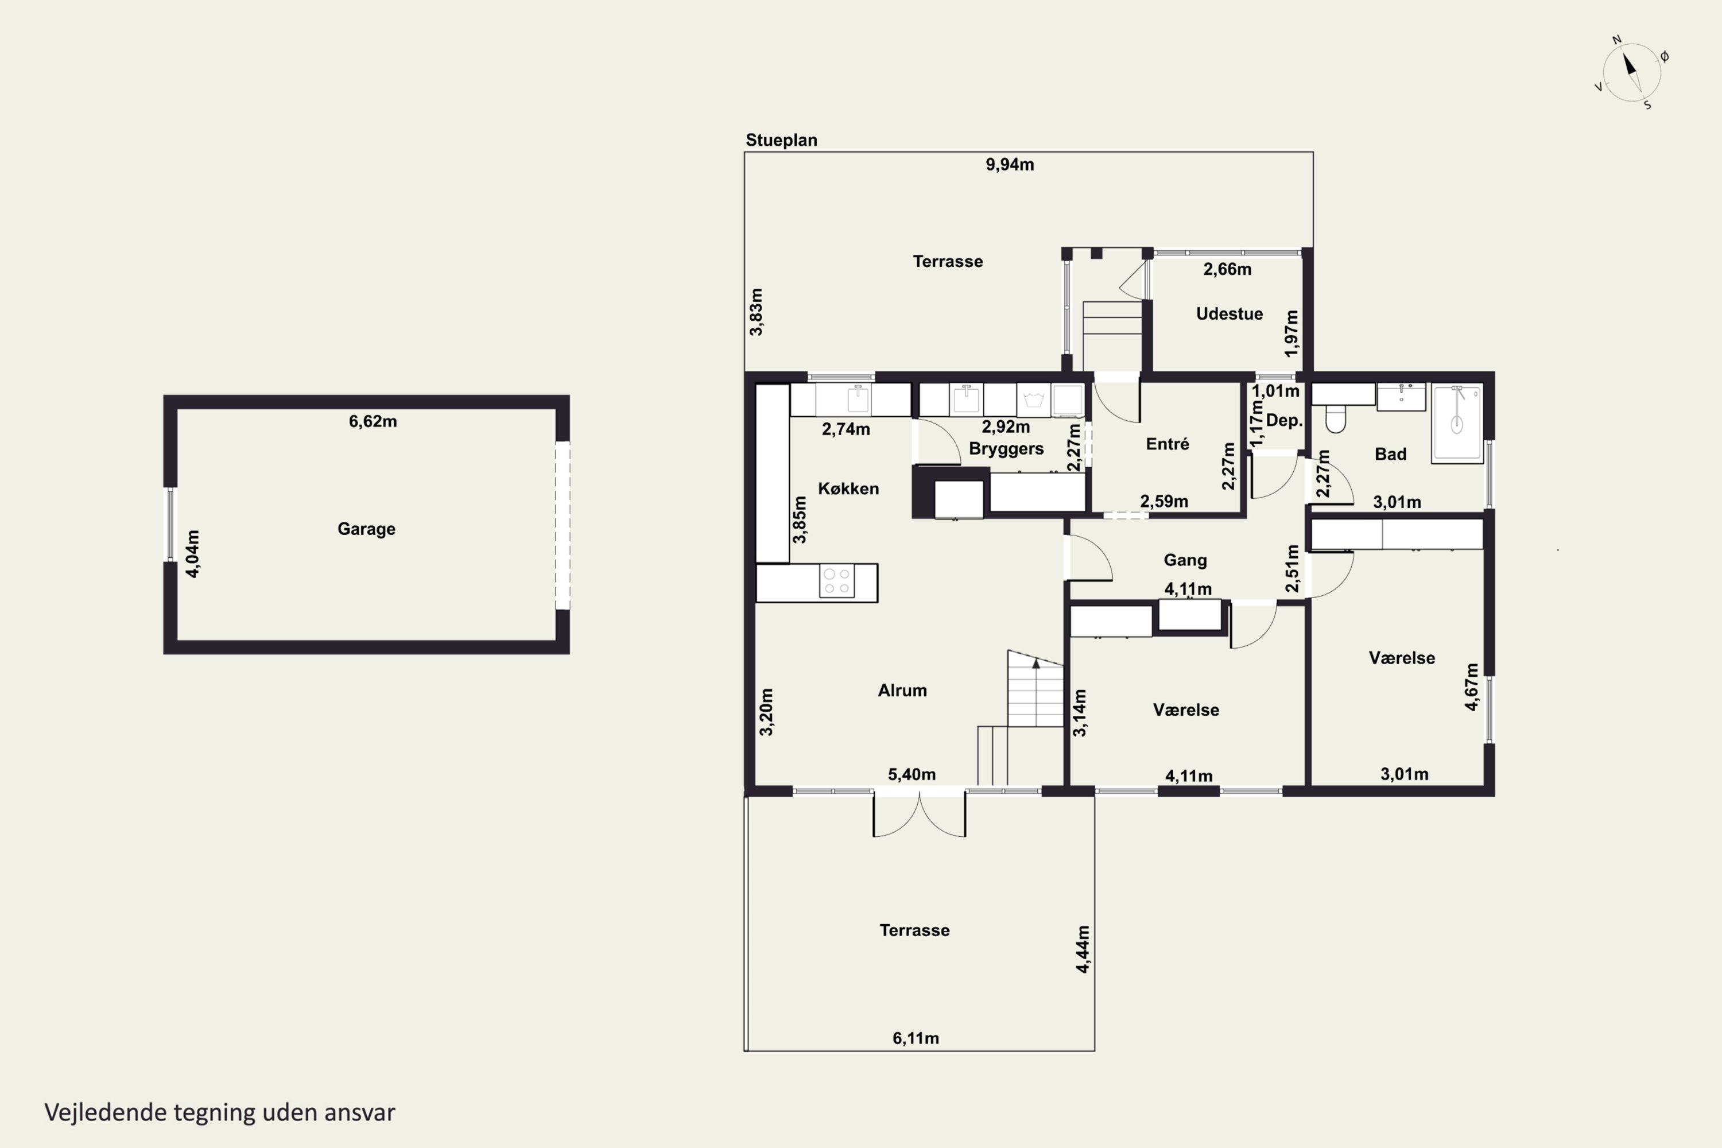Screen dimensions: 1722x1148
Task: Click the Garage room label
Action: click(x=366, y=529)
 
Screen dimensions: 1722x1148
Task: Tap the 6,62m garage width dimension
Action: click(x=373, y=421)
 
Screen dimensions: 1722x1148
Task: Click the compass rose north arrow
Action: click(x=1630, y=64)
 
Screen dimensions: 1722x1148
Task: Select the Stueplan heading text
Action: click(x=781, y=140)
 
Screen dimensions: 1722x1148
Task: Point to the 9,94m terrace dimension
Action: click(x=1010, y=164)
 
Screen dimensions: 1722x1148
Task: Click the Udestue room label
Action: click(x=1230, y=313)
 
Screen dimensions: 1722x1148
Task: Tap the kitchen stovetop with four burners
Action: click(x=837, y=582)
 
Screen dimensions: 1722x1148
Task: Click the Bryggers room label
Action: click(x=1006, y=449)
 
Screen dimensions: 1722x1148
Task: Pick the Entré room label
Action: click(x=1167, y=444)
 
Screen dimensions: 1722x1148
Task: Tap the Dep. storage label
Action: click(x=1284, y=420)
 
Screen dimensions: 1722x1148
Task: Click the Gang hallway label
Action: click(x=1185, y=560)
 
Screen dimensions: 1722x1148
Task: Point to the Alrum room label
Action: click(x=902, y=691)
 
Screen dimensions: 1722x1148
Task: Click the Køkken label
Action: click(x=848, y=488)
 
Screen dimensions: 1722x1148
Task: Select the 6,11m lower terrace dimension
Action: click(x=915, y=1038)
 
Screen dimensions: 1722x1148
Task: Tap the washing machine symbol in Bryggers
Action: click(x=1034, y=400)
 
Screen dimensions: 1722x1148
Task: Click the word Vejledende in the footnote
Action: click(x=106, y=1112)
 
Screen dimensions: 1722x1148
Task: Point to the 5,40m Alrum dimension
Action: click(x=912, y=774)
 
